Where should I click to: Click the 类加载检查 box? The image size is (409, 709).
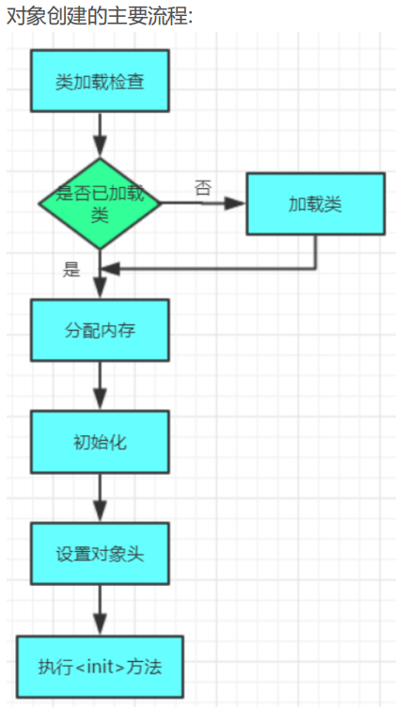tap(100, 81)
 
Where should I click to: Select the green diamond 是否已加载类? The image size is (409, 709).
tap(100, 203)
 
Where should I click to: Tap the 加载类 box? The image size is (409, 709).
tap(316, 204)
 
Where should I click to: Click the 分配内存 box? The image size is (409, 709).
tap(100, 330)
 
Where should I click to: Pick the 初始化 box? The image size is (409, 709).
tap(100, 442)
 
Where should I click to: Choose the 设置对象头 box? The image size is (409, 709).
tap(100, 554)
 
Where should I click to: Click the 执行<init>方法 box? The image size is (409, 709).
tap(100, 667)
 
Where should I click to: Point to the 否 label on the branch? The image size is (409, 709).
tap(203, 187)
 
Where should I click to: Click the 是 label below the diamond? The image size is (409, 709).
tap(71, 270)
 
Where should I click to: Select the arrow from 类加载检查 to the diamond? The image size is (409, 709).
tap(100, 134)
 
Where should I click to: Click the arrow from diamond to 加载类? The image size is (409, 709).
tap(203, 203)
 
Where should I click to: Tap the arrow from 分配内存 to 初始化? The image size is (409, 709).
tap(100, 386)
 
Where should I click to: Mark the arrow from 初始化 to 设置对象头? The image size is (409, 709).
tap(100, 497)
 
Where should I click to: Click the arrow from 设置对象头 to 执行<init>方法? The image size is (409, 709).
tap(100, 610)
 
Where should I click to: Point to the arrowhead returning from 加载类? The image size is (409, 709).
tap(110, 269)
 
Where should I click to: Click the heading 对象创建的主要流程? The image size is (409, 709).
tap(100, 16)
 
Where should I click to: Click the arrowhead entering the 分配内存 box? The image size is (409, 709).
tap(100, 289)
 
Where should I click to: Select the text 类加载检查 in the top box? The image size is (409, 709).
tap(100, 82)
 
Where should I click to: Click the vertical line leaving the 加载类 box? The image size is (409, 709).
tap(316, 252)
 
